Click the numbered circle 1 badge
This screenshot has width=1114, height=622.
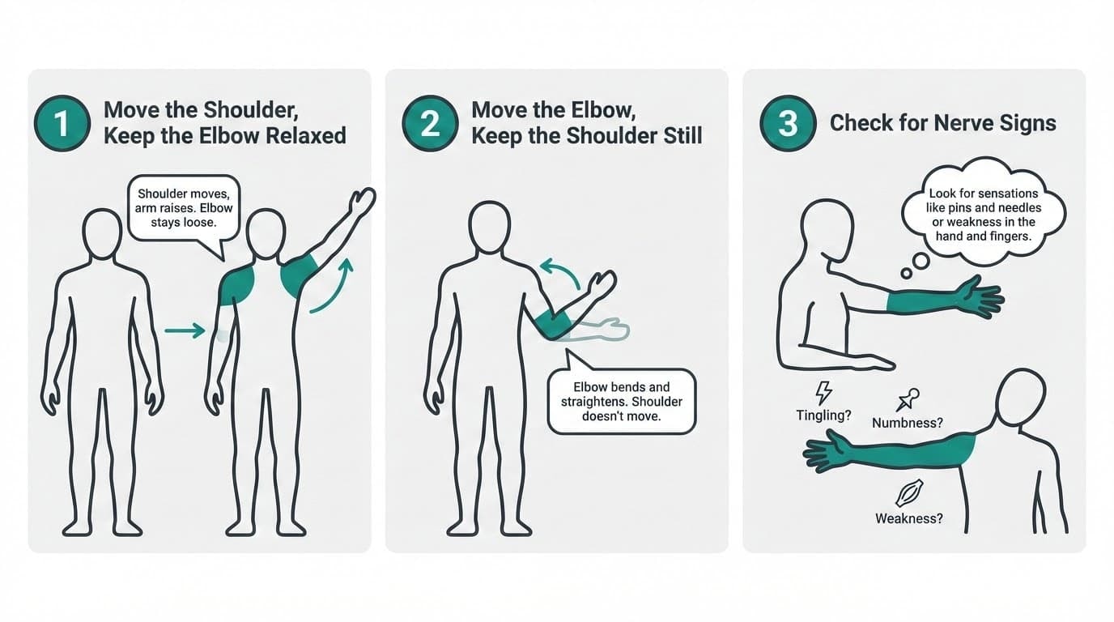coord(62,123)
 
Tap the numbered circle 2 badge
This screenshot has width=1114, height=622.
coord(430,123)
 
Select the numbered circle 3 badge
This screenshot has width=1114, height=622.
coord(788,123)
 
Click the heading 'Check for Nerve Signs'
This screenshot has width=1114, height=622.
coord(942,123)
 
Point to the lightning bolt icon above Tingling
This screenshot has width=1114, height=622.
coord(823,392)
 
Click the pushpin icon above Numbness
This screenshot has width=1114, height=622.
coord(908,399)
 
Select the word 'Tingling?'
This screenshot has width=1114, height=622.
coord(823,415)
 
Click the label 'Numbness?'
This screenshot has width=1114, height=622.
coord(908,423)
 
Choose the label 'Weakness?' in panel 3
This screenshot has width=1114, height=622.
coord(908,518)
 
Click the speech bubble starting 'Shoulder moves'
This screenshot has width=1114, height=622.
coord(185,208)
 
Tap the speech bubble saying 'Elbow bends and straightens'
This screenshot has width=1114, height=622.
coord(621,402)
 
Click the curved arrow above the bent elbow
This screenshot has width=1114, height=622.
coord(559,271)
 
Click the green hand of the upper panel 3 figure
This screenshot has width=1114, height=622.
coord(980,296)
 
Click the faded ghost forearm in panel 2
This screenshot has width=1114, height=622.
coord(599,330)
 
